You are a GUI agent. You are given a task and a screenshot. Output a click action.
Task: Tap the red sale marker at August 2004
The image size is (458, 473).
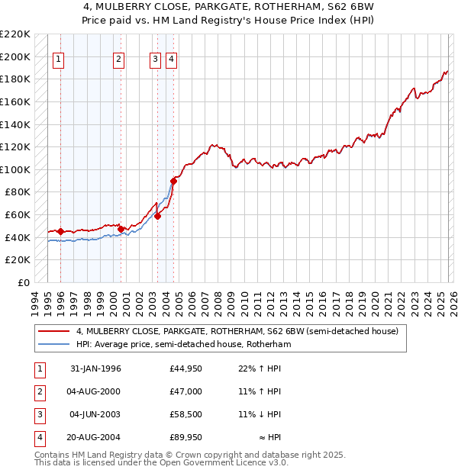[173, 181]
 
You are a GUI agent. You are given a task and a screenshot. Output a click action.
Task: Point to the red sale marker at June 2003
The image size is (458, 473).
[157, 216]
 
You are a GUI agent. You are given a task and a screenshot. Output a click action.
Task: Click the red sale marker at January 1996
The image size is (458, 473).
[60, 231]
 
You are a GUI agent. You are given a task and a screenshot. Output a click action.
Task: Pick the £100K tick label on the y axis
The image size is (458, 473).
[15, 169]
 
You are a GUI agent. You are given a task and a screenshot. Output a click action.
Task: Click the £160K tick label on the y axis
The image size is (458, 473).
[15, 101]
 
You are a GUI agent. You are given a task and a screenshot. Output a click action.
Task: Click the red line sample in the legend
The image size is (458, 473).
[53, 332]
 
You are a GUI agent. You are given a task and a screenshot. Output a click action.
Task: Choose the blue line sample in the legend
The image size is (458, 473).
[53, 345]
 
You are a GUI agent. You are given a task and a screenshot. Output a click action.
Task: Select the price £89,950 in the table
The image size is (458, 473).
[186, 438]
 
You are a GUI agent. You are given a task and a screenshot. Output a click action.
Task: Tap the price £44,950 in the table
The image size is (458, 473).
[186, 368]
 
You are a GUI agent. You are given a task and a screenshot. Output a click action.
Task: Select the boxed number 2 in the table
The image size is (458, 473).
[39, 391]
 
